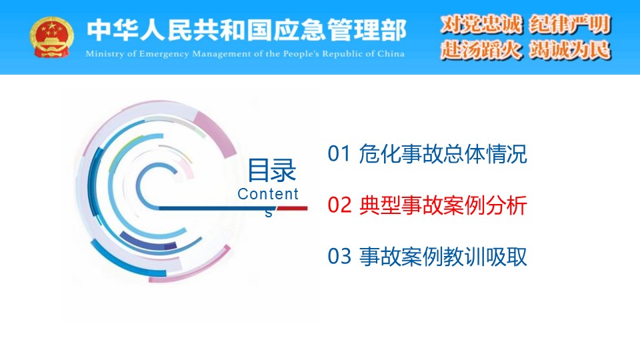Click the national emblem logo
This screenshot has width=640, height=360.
click(x=51, y=37)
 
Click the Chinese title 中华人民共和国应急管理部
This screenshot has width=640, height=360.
click(x=247, y=30)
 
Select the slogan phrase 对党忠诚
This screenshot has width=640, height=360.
click(x=481, y=24)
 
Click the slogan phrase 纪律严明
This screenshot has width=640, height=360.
click(x=570, y=24)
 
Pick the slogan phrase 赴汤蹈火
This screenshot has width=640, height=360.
click(x=481, y=50)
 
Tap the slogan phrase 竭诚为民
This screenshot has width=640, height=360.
click(x=570, y=50)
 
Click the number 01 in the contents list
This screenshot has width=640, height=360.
click(x=339, y=154)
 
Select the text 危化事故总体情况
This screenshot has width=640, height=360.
click(x=443, y=154)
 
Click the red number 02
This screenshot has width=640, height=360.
click(x=339, y=205)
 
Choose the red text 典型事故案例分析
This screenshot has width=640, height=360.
click(x=443, y=205)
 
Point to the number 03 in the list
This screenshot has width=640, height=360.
click(x=339, y=256)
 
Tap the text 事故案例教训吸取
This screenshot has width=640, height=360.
click(x=443, y=256)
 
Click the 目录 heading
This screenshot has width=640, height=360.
click(x=272, y=170)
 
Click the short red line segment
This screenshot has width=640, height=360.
click(x=292, y=209)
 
